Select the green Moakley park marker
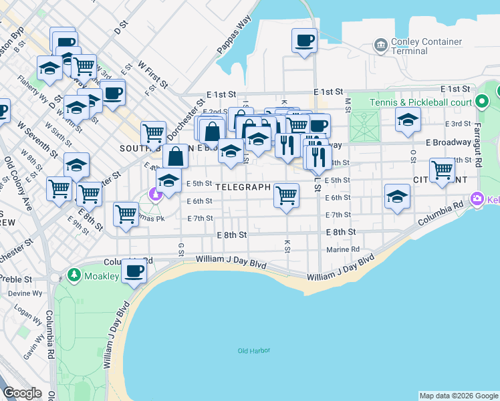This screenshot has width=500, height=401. point(73,275)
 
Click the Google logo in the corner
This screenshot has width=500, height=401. point(23,392)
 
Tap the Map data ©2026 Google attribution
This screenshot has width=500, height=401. point(459,396)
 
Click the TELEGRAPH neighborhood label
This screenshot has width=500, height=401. point(243,187)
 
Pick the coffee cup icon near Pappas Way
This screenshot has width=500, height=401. point(304,41)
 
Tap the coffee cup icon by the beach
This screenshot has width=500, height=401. point(134,271)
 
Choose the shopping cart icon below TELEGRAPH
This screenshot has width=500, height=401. point(286,195)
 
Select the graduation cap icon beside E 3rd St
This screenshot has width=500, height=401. point(408,120)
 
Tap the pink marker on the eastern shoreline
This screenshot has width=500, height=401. point(477,198)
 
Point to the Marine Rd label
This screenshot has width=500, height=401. point(343,250)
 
